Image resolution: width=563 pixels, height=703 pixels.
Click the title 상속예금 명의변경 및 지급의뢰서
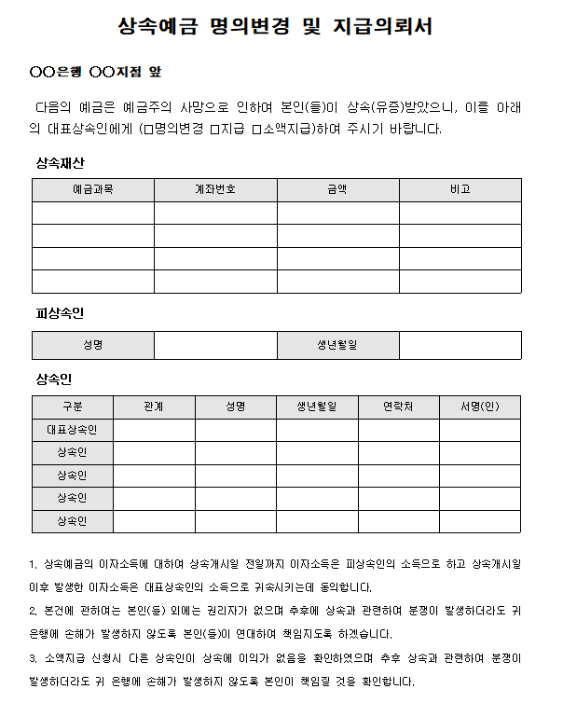pos(276,27)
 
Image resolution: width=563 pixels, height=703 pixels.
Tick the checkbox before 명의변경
pos(147,129)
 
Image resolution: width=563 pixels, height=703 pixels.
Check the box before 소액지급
pos(256,129)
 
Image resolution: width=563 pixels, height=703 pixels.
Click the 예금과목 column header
pos(93,189)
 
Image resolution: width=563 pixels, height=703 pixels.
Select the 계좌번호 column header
pos(215,189)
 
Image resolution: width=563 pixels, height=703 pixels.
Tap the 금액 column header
pos(337,189)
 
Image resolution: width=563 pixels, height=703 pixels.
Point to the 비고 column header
pos(460,189)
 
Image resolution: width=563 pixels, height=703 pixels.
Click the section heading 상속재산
pos(61,162)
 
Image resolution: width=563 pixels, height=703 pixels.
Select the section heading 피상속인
pos(61,313)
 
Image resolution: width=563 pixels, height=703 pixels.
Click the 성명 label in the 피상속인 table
pos(93,346)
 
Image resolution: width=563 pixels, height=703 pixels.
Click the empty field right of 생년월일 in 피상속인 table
pos(460,346)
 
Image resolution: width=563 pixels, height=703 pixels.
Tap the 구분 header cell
pos(73,407)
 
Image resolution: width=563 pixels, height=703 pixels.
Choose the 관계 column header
pos(155,407)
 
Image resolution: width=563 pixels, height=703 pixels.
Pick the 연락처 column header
pos(399,407)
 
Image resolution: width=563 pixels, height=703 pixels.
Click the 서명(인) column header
pos(480,407)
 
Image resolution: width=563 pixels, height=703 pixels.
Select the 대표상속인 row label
pos(73,430)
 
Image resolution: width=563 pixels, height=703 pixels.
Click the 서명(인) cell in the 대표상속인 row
pos(480,430)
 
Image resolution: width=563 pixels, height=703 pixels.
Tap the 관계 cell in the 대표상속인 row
pos(155,430)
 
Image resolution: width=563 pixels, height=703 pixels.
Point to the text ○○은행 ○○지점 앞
pos(96,72)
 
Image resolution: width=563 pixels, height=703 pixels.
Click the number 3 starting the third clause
pos(34,658)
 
